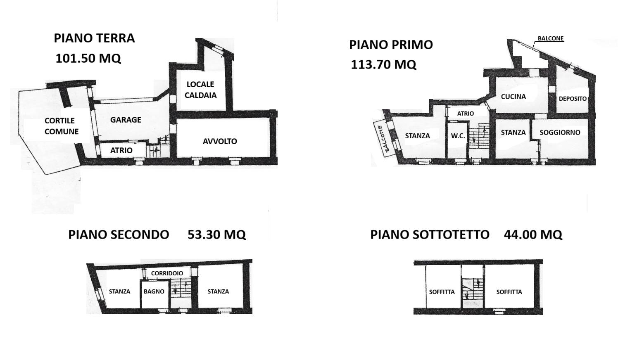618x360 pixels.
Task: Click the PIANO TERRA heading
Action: pos(94,38)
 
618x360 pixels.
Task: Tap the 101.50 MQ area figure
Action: pos(88,58)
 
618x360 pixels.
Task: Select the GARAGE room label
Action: pos(126,120)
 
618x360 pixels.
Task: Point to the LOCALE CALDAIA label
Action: pos(200,90)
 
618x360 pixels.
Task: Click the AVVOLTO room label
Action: pos(220,141)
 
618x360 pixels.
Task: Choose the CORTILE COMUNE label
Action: pos(62,126)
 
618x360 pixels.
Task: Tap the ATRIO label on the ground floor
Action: pos(121,150)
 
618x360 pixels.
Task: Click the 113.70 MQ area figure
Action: pos(383,64)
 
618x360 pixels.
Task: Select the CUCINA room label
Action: pos(513,97)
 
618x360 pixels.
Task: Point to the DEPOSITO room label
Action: pos(573,98)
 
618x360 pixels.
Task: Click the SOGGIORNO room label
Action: pos(560,132)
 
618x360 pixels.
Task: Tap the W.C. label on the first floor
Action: pos(458,136)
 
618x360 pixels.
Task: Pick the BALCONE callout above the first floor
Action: pos(551,38)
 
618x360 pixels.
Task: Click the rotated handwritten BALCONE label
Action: pos(384,139)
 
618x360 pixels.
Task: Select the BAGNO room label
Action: pos(154,291)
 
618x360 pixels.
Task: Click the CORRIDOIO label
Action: pos(167,273)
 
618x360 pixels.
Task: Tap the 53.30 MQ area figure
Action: pos(216,234)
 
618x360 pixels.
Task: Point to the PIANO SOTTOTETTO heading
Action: pos(430,234)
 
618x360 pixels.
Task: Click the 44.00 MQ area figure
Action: pos(533,234)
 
